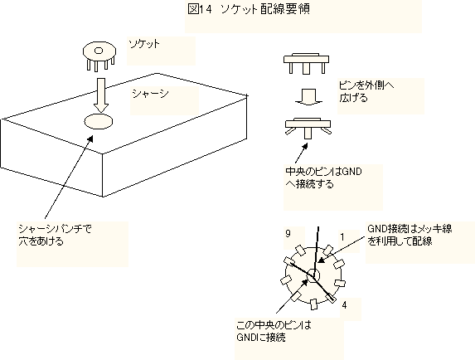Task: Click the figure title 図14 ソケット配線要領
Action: click(x=249, y=9)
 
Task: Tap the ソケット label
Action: click(x=144, y=44)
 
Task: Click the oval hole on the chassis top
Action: click(x=98, y=121)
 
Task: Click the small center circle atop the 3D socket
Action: click(x=99, y=51)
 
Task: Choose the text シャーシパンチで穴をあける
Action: click(x=55, y=235)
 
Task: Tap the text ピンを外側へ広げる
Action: click(x=366, y=91)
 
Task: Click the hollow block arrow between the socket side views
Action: click(x=309, y=97)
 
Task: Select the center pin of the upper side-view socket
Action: click(x=307, y=69)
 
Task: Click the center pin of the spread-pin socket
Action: click(x=308, y=133)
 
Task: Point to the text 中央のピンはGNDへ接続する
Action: click(x=323, y=178)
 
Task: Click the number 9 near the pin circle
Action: click(x=288, y=234)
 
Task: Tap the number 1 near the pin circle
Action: click(x=342, y=237)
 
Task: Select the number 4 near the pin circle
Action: click(x=344, y=305)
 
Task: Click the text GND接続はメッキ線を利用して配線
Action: click(x=410, y=235)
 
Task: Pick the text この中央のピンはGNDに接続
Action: click(x=274, y=331)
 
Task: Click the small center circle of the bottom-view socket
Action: click(x=313, y=275)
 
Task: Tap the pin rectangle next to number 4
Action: click(x=330, y=298)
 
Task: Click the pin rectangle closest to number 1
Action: click(x=328, y=251)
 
